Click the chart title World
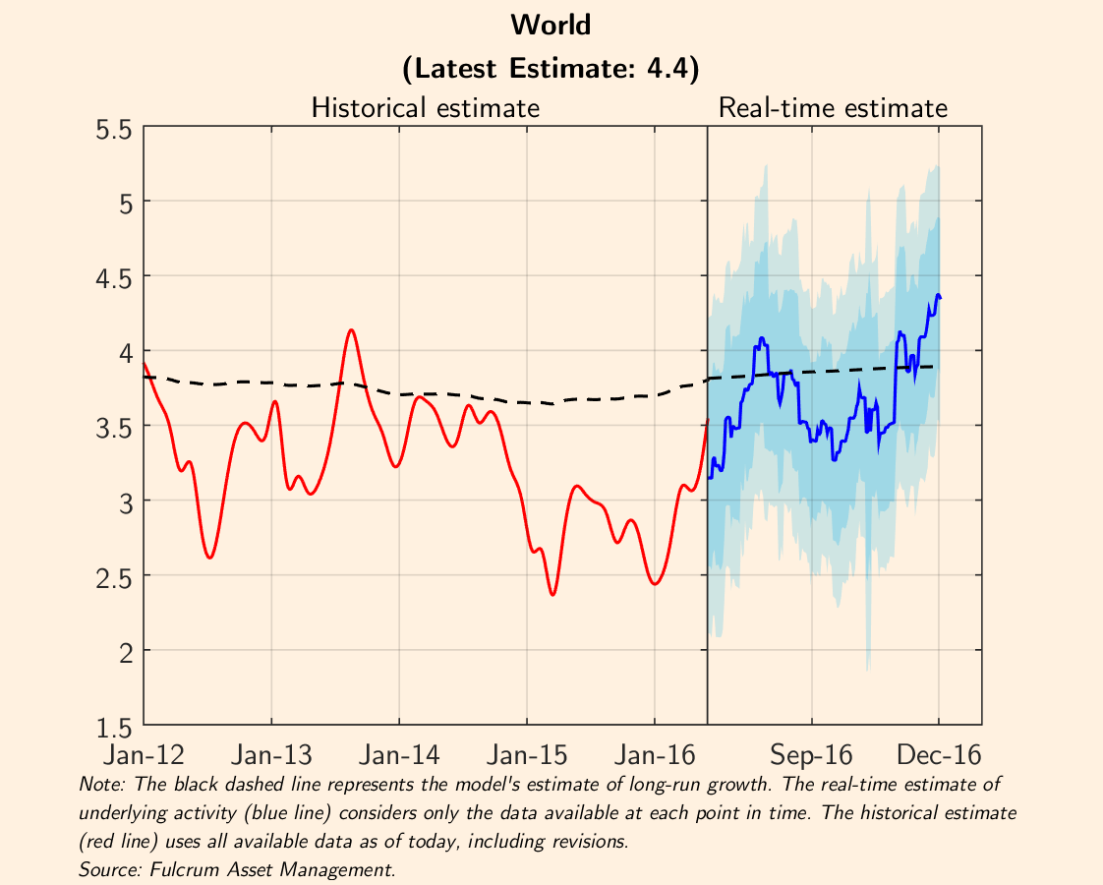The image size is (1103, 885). click(x=551, y=25)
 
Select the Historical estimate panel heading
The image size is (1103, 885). click(x=425, y=107)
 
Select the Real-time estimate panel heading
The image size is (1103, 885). click(x=833, y=107)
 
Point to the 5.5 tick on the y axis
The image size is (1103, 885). click(x=114, y=129)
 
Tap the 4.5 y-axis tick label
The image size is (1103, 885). click(x=114, y=278)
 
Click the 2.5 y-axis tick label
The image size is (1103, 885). click(x=114, y=577)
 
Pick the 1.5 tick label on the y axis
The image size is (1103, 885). click(x=114, y=728)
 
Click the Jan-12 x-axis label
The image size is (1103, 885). click(x=145, y=755)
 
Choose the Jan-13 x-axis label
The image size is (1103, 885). click(x=271, y=755)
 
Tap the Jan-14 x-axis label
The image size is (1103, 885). click(x=399, y=755)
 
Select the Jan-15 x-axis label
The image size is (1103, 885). click(x=527, y=755)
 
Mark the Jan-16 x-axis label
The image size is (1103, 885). click(x=654, y=755)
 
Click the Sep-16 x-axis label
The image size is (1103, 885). click(x=811, y=755)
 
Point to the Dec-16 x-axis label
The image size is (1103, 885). click(x=939, y=755)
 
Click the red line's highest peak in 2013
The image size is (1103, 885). click(x=352, y=329)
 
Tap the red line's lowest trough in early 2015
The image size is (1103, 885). click(x=552, y=594)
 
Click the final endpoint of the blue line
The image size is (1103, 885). click(x=941, y=297)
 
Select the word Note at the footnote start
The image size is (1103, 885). click(x=95, y=785)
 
